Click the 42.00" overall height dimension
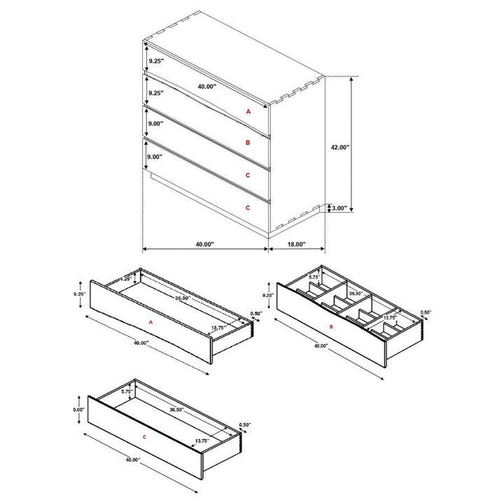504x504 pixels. tap(339, 148)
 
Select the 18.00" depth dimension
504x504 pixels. tap(296, 244)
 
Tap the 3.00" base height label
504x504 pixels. tap(340, 208)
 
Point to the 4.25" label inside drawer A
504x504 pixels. tap(125, 279)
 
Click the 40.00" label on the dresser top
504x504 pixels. tap(206, 86)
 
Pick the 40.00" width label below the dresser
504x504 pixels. tap(204, 244)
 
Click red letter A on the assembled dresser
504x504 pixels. tap(247, 111)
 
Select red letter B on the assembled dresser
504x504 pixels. tap(247, 142)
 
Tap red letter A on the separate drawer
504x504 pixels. tap(151, 322)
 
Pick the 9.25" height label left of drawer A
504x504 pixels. tap(78, 295)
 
